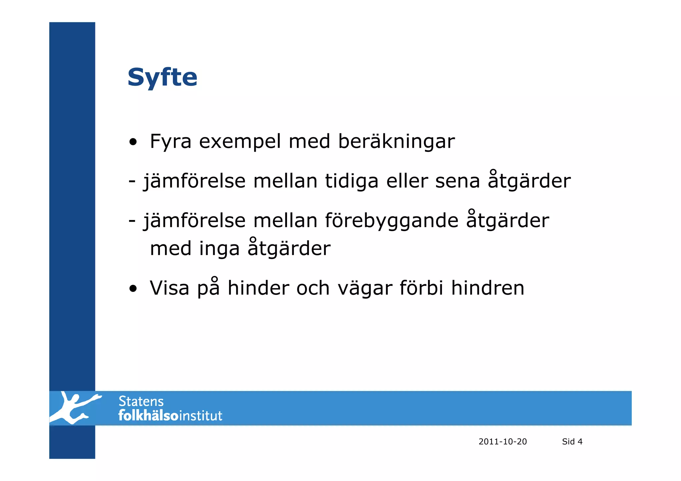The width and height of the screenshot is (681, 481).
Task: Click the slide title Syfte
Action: [162, 77]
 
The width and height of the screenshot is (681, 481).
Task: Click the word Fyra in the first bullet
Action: [171, 142]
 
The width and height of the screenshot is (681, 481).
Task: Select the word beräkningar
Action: [396, 142]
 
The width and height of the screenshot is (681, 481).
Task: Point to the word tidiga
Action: [351, 181]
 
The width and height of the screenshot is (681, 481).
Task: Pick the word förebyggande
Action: [391, 221]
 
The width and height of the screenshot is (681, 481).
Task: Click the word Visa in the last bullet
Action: [169, 288]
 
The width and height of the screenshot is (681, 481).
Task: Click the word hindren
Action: [487, 288]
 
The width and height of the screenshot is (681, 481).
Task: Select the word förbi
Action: [421, 288]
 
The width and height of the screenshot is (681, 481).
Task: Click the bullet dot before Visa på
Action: [133, 289]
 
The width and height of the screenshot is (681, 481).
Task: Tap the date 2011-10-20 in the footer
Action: [502, 441]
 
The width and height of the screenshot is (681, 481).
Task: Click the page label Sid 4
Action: [572, 441]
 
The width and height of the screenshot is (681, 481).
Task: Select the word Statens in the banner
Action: [141, 402]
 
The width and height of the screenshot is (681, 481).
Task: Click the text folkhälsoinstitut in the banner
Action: [170, 416]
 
